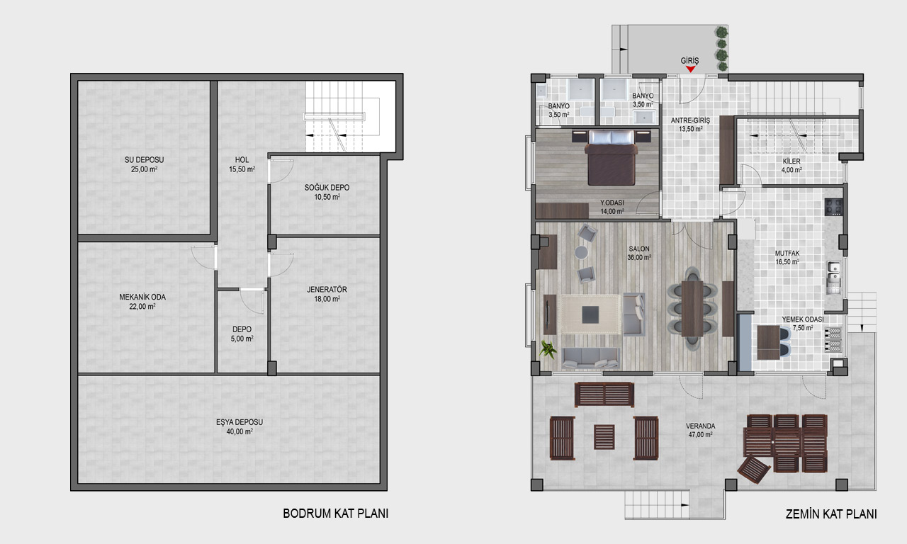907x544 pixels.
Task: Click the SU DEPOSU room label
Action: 144,160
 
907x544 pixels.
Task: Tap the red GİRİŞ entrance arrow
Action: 690,69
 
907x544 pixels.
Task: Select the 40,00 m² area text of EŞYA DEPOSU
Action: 240,432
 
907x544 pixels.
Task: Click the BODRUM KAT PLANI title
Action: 336,514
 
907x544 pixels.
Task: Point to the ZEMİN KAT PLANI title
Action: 831,514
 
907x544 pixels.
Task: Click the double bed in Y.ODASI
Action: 612,157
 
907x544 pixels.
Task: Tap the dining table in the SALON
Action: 692,308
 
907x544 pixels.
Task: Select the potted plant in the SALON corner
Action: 548,349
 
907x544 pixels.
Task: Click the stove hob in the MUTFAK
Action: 834,207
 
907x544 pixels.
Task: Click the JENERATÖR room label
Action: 327,290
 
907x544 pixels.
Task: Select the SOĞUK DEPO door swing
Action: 281,171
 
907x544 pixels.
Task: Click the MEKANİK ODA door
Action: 204,257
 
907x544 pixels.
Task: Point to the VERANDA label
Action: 701,426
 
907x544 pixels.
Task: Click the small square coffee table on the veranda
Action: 604,437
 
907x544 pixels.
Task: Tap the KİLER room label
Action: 791,161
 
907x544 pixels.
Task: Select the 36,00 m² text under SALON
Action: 639,257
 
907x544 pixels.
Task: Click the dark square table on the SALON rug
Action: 590,314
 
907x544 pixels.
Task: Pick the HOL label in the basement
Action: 242,160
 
